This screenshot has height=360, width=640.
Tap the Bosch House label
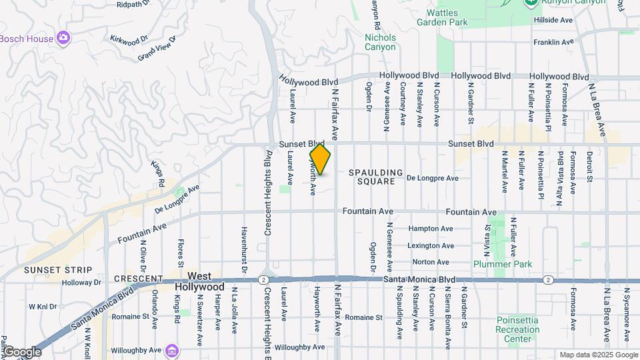pos(27,39)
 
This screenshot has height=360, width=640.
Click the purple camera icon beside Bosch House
pos(63,37)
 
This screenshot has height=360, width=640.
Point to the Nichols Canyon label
pos(380,42)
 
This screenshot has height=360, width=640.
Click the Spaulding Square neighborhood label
pos(376,177)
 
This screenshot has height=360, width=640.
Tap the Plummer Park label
pos(503,264)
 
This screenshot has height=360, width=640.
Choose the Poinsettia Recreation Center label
pos(517,329)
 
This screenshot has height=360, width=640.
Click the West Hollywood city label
pos(199,281)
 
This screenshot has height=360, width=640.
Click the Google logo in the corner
pos(22,351)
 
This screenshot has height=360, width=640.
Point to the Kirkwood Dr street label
pos(129,39)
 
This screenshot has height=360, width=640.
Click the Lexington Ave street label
pos(430,245)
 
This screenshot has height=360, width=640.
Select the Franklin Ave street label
pos(553,42)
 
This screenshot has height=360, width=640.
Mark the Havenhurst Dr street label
pos(244,250)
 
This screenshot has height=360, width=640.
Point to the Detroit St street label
pos(589,167)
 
